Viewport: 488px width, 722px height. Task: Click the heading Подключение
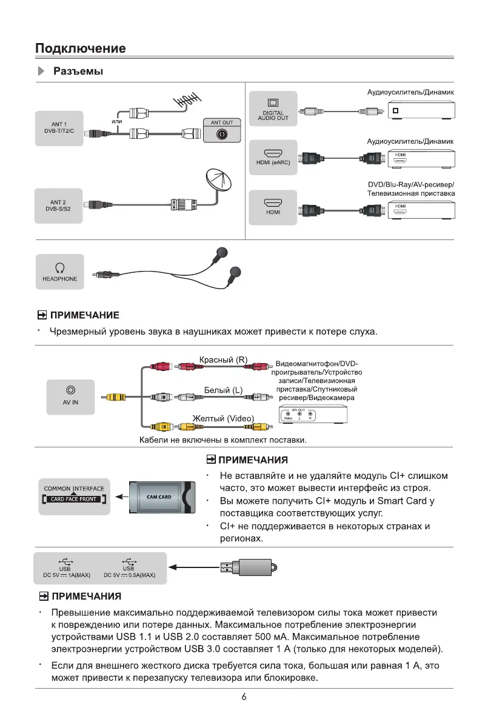80,48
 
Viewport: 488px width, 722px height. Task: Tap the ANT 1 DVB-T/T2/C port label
59,127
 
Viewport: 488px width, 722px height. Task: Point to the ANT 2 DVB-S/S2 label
59,205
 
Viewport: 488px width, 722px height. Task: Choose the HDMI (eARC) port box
273,158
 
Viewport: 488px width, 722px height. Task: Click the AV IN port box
71,396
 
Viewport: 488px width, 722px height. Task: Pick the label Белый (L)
222,390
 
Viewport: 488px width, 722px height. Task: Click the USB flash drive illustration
249,567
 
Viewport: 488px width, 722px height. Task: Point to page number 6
244,697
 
